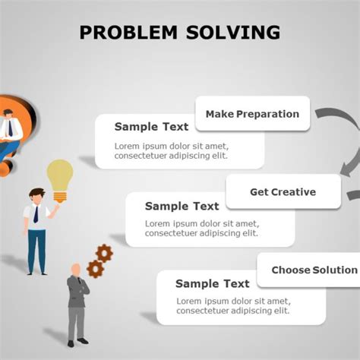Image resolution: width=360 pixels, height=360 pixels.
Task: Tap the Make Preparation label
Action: coord(252,114)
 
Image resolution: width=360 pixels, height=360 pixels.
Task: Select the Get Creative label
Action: coord(283,192)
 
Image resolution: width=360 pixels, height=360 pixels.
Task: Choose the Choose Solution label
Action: coord(314,270)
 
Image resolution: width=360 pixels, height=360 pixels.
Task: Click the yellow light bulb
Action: coord(59,178)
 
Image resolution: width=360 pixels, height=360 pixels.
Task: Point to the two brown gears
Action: coord(99,260)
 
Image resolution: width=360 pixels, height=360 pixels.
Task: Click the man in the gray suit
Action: coord(77,304)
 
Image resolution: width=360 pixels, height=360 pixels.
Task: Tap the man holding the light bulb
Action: coord(36,228)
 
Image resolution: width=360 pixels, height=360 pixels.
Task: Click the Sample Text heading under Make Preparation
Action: coord(152,127)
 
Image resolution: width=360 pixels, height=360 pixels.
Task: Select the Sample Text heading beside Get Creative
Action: coord(182,206)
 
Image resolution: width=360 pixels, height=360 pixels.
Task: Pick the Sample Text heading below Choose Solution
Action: coord(213,284)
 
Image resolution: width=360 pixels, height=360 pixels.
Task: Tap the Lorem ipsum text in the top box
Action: coord(171,151)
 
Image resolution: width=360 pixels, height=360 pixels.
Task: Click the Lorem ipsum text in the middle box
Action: coord(202,229)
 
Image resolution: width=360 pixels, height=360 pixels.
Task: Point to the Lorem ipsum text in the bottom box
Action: coord(232,306)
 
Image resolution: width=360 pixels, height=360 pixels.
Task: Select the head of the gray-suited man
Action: coord(76,270)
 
